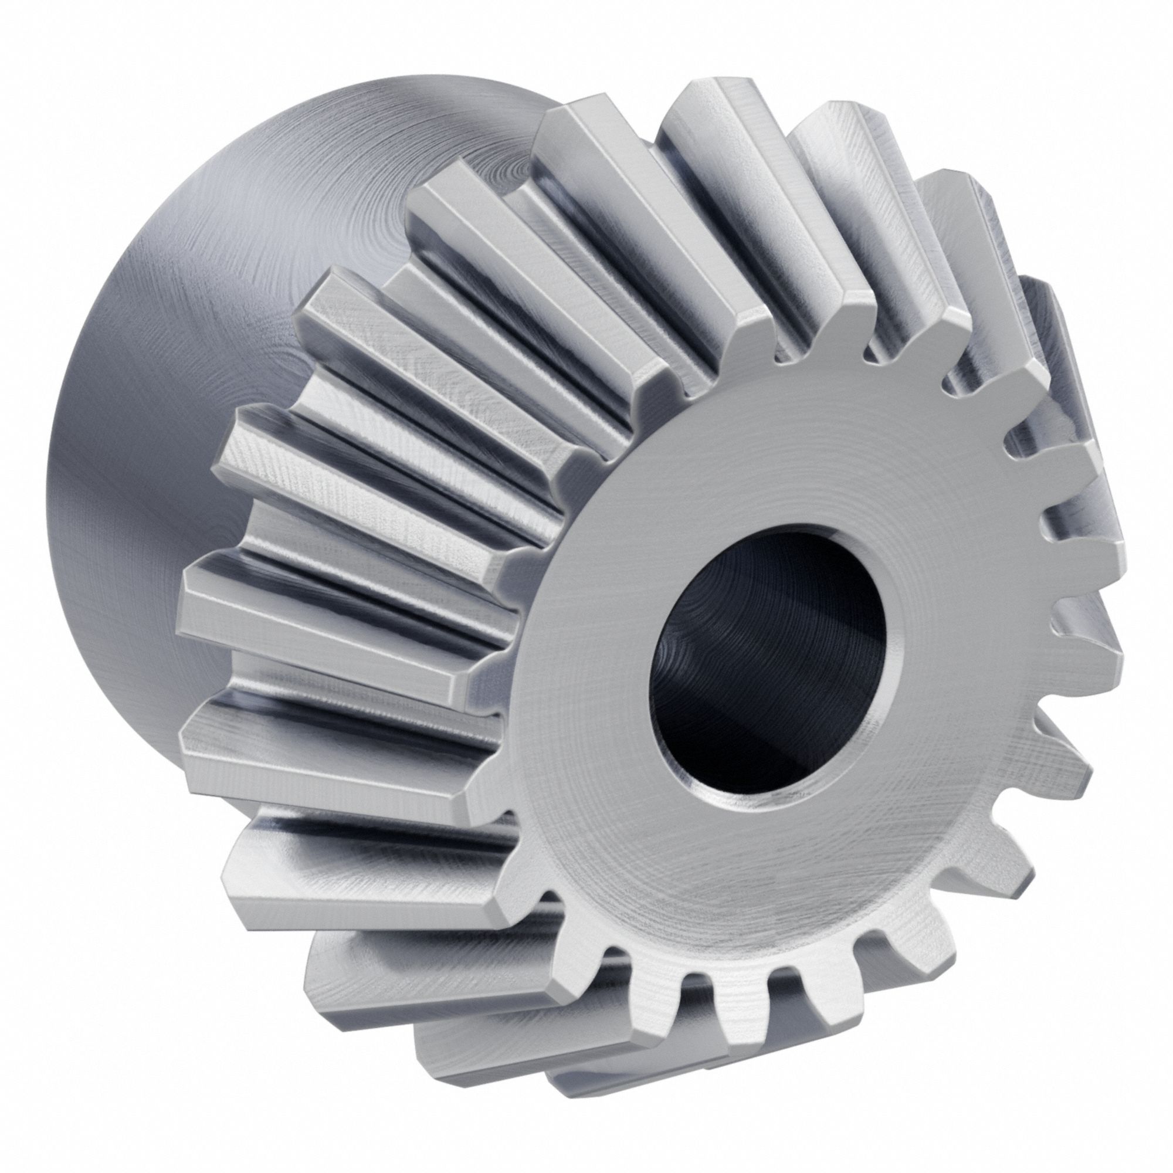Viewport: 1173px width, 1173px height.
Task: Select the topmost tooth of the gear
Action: coord(717,109)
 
